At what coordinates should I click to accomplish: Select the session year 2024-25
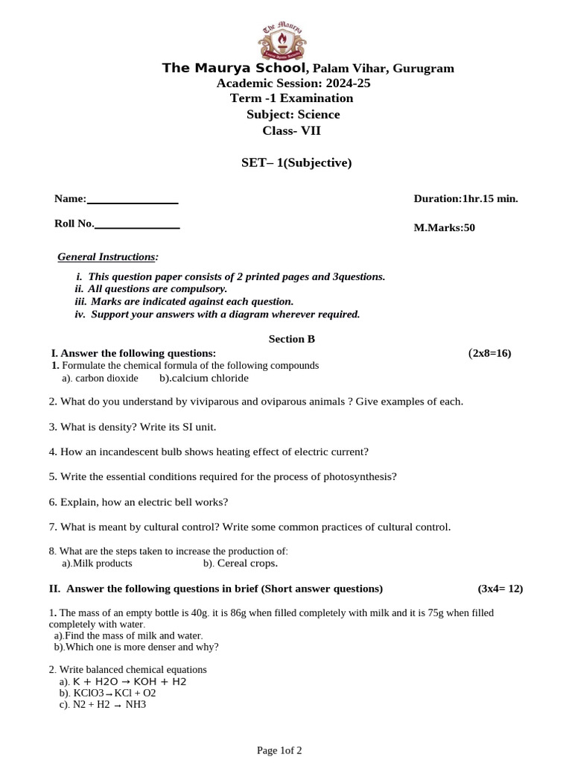345,83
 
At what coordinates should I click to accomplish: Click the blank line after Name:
133,200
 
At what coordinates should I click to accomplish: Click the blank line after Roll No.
137,224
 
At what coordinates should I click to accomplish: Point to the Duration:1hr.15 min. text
465,198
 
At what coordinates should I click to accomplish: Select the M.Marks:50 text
444,227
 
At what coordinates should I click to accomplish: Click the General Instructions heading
108,257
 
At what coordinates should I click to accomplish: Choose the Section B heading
292,339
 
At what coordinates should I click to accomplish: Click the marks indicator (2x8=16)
489,352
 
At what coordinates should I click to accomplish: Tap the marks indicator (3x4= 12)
500,589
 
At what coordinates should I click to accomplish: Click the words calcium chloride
209,378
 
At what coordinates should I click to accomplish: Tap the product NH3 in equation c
136,703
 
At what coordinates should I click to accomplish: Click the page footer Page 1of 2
279,750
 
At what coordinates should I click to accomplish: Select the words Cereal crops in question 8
247,563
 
